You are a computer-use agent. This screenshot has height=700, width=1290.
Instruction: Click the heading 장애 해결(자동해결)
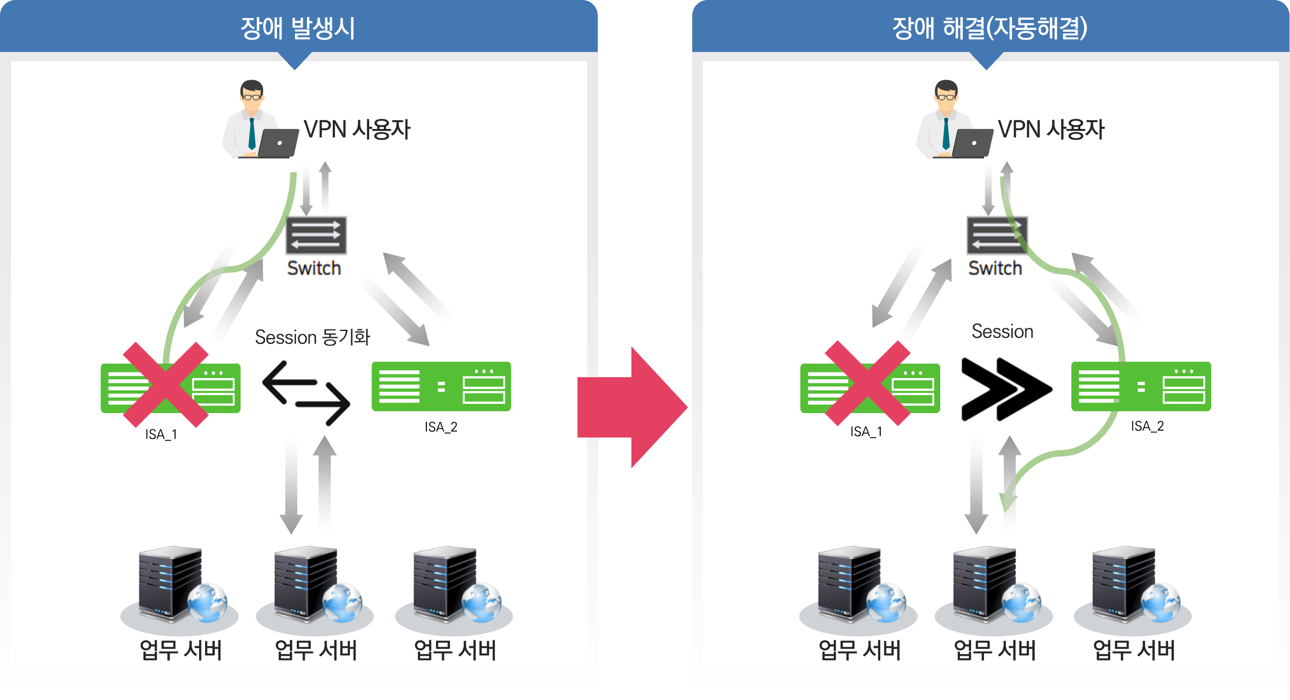click(989, 28)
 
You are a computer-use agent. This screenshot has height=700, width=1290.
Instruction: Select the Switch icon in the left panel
click(316, 235)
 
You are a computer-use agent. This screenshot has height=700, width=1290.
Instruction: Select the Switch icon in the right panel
click(996, 235)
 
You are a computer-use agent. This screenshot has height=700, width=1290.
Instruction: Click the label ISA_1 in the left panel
click(161, 434)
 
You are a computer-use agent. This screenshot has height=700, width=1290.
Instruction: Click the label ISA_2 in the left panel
click(441, 427)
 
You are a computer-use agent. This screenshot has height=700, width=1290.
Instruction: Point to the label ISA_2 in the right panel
click(1147, 426)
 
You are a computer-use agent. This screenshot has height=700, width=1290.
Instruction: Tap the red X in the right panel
click(867, 383)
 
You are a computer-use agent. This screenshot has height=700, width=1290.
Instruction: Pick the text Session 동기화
click(312, 337)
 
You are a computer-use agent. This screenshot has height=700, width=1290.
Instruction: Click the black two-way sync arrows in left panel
click(306, 393)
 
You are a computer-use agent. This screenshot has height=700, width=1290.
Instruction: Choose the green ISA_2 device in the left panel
click(441, 386)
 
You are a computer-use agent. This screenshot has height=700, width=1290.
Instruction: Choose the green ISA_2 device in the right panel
click(1141, 386)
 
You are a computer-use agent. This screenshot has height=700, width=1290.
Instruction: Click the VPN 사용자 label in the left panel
click(357, 129)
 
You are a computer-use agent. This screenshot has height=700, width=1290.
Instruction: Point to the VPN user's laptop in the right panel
click(972, 143)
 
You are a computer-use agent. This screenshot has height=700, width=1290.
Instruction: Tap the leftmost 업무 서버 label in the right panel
click(860, 650)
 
